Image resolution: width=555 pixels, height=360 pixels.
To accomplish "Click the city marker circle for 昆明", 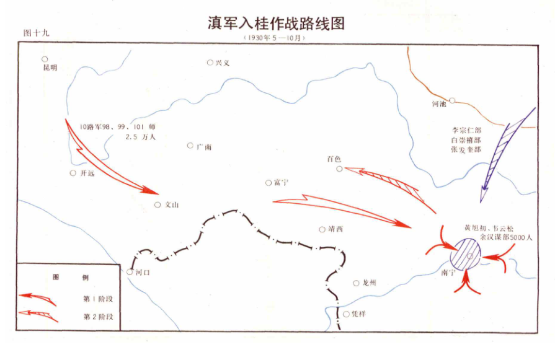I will pos(45,59).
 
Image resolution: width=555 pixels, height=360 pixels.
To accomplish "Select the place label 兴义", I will pos(223,63).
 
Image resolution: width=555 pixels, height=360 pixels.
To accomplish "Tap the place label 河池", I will pos(438,104).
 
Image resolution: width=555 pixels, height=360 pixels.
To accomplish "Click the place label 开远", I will pos(87,173).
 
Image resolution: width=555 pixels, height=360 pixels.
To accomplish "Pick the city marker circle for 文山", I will pos(158,204).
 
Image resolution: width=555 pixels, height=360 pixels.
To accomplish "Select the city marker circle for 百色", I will pos(339,169).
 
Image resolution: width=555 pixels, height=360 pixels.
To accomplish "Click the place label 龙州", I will pos(370,283).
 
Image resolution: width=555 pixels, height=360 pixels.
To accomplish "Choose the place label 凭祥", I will pos(358,314).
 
